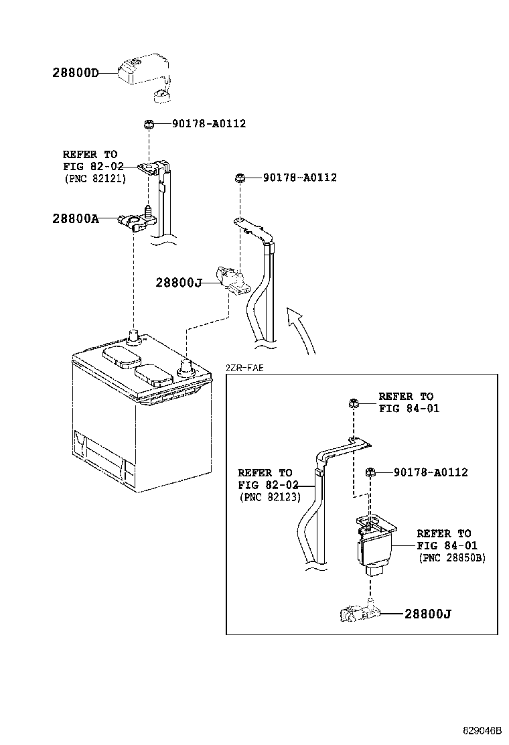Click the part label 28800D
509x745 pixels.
[74, 72]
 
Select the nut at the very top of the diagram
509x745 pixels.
[149, 124]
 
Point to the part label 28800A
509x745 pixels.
[75, 218]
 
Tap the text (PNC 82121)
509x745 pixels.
[95, 179]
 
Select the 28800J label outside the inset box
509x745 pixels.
[178, 283]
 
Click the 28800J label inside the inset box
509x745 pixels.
[427, 613]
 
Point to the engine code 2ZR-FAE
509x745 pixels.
[245, 368]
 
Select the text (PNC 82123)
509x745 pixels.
[269, 497]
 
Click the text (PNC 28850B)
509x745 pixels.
[452, 557]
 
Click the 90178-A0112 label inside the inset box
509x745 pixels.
[431, 472]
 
